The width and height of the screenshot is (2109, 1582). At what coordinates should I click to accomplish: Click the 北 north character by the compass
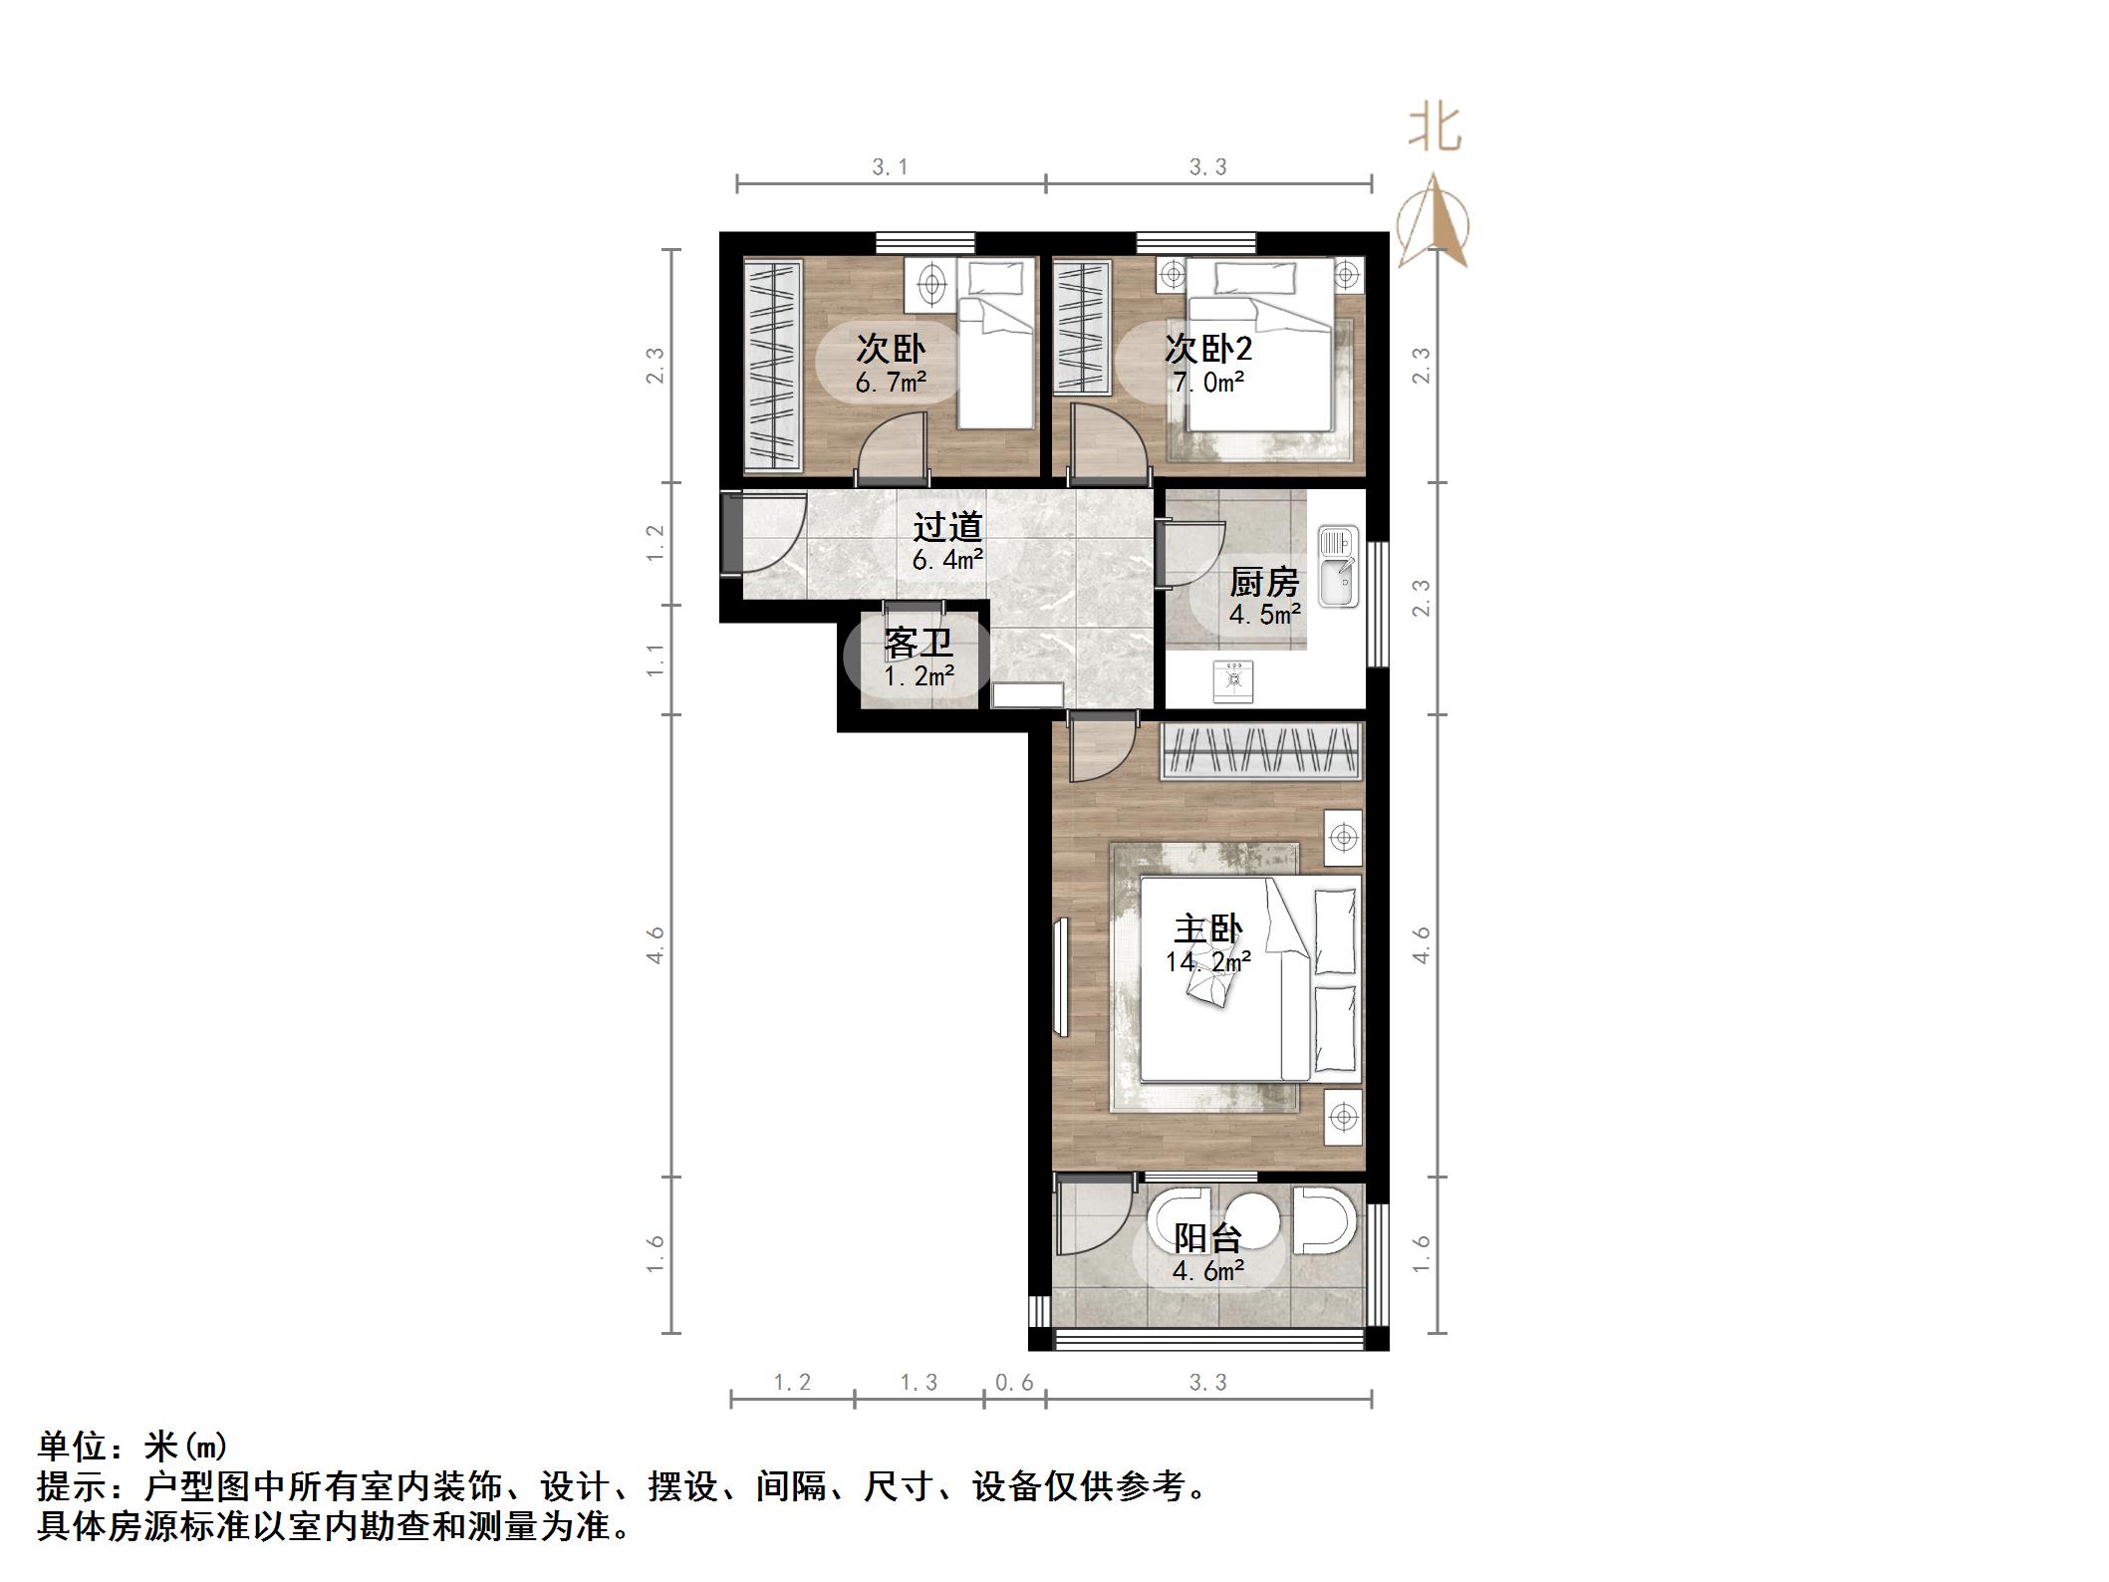point(1435,130)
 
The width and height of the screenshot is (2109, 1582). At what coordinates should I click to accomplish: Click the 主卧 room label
point(1207,929)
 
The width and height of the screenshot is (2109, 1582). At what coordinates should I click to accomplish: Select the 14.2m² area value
point(1207,962)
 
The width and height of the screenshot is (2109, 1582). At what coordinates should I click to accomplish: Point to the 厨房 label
point(1263,582)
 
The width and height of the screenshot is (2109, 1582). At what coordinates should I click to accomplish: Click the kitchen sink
point(1338,567)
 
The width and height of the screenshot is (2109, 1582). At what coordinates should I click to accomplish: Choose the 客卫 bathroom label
point(918,643)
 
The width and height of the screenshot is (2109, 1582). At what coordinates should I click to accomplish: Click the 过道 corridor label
point(947,526)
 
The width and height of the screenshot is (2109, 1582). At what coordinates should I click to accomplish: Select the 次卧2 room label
point(1207,349)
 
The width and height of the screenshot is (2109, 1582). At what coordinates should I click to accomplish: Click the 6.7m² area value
point(891,382)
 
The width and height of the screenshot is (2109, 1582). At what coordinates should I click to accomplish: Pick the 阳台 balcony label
point(1207,1238)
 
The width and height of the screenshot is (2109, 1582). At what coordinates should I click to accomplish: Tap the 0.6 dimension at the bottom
point(1014,1383)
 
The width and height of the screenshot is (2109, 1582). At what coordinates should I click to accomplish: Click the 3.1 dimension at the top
point(890,167)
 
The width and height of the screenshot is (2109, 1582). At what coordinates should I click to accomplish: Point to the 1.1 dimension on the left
point(655,659)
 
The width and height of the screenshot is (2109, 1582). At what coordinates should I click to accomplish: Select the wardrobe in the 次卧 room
point(773,365)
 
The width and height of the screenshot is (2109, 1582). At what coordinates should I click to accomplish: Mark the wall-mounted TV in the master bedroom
point(1059,977)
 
